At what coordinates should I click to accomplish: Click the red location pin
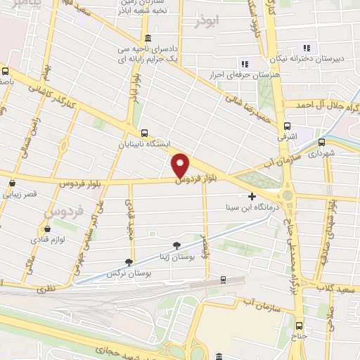(x=181, y=166)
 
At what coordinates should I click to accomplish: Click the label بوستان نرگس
(x=128, y=271)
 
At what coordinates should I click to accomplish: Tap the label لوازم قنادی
(x=46, y=240)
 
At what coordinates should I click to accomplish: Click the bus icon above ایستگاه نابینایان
(x=144, y=133)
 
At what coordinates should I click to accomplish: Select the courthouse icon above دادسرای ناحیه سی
(x=147, y=38)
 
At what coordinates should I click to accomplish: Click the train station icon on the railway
(x=223, y=280)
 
